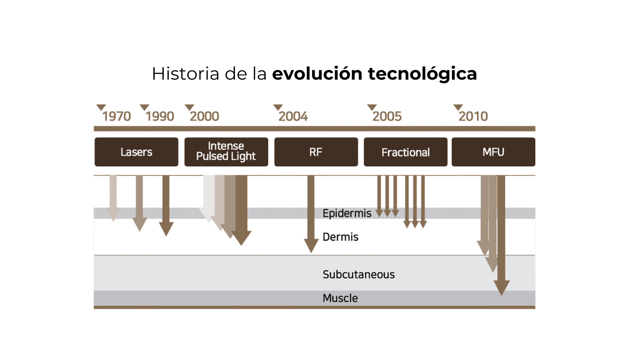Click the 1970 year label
(x=117, y=116)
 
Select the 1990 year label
(x=160, y=116)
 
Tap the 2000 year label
(x=205, y=116)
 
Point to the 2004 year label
(x=293, y=116)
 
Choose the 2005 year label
(x=387, y=116)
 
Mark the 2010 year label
(x=473, y=116)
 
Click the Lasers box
(x=136, y=152)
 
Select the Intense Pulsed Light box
(x=226, y=152)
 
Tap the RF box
(x=316, y=152)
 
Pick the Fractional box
(x=406, y=152)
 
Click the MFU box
(x=493, y=152)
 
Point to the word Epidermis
(x=347, y=213)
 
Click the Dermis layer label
(x=340, y=237)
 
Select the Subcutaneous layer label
(x=359, y=274)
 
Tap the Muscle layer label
(x=340, y=298)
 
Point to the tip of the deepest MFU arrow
(x=501, y=293)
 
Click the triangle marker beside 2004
(x=278, y=107)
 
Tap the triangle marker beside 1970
(x=101, y=107)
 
